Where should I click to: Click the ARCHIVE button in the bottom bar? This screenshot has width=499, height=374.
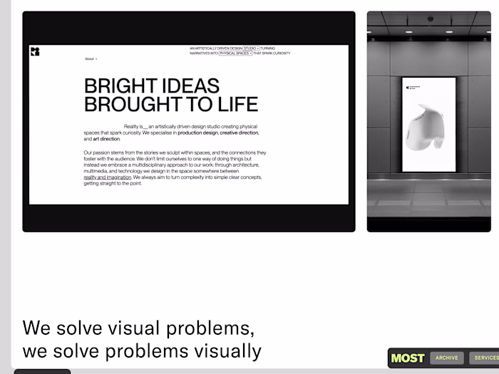tap(447, 358)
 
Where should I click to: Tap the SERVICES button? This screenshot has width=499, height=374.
tap(486, 358)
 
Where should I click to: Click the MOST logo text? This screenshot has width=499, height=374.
tap(408, 358)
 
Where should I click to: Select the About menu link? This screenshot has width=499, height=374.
tap(89, 59)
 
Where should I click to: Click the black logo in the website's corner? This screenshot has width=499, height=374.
tap(35, 51)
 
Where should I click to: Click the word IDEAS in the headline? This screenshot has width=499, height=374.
tap(191, 86)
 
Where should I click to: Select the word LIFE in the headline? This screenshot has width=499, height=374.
tap(236, 104)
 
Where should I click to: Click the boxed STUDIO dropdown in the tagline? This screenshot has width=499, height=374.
tap(251, 48)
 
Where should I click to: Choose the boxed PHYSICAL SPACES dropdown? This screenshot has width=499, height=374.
tap(235, 53)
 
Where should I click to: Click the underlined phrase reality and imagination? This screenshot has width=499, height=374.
tap(107, 177)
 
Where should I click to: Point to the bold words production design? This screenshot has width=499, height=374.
tap(197, 133)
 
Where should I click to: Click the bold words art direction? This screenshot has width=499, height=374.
tap(106, 139)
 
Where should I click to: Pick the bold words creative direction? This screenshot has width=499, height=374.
tap(239, 133)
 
